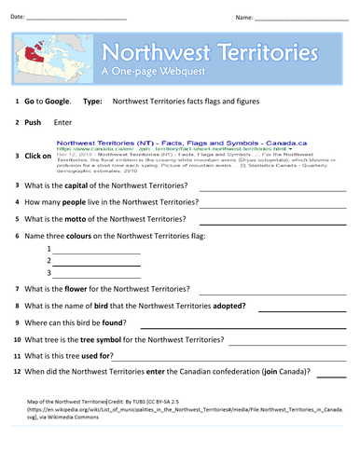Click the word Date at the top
point(17,17)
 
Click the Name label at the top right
point(243,17)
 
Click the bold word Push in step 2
point(36,122)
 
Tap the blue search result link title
point(145,144)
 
